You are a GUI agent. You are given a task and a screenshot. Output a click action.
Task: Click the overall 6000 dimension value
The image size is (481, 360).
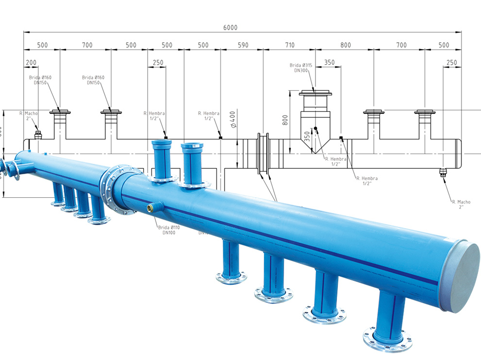point(231,28)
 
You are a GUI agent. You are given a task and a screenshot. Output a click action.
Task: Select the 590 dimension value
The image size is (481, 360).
point(243,45)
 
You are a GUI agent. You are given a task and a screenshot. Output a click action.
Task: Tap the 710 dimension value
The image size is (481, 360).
point(289,45)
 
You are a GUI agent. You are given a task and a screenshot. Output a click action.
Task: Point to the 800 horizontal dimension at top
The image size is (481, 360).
point(346,45)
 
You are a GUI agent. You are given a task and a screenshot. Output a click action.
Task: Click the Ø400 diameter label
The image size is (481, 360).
point(232,120)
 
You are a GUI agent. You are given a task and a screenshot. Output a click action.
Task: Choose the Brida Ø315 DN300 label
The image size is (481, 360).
point(301,68)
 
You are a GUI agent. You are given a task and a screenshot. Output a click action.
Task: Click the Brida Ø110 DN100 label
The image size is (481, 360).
point(166,230)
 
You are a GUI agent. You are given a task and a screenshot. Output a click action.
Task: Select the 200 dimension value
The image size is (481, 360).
point(31,63)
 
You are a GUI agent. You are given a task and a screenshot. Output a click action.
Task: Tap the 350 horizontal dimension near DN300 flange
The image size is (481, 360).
point(329,63)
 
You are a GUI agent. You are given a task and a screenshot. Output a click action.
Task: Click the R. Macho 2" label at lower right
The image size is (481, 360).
point(458,204)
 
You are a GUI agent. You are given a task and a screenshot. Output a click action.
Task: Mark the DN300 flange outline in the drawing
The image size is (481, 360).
point(315,93)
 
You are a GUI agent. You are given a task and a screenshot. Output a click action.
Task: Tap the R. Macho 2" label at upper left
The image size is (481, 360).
point(28,116)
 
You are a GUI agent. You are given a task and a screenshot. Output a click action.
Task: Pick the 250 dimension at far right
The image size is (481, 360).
point(451,63)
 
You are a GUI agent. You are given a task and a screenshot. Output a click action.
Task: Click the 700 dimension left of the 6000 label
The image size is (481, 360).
point(87,45)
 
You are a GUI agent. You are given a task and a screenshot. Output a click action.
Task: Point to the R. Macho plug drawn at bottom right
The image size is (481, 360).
point(443,171)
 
